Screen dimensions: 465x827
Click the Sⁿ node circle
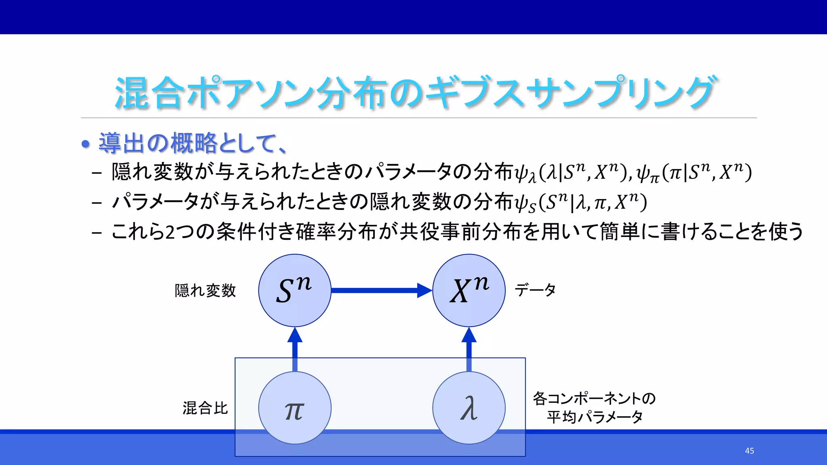click(295, 290)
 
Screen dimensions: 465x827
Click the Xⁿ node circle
click(469, 290)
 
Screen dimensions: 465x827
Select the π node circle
click(295, 408)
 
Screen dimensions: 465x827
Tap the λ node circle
click(469, 408)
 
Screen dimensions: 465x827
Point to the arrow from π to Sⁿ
click(295, 349)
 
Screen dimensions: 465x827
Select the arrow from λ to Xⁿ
click(469, 349)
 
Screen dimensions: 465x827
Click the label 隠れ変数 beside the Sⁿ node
click(205, 291)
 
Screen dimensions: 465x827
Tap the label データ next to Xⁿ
click(535, 290)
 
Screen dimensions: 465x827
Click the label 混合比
click(205, 408)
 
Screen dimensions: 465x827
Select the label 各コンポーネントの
click(594, 398)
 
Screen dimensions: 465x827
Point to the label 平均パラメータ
click(594, 417)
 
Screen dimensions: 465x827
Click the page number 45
click(749, 451)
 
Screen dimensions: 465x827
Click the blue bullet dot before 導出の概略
click(85, 144)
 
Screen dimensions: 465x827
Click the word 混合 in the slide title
click(149, 94)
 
